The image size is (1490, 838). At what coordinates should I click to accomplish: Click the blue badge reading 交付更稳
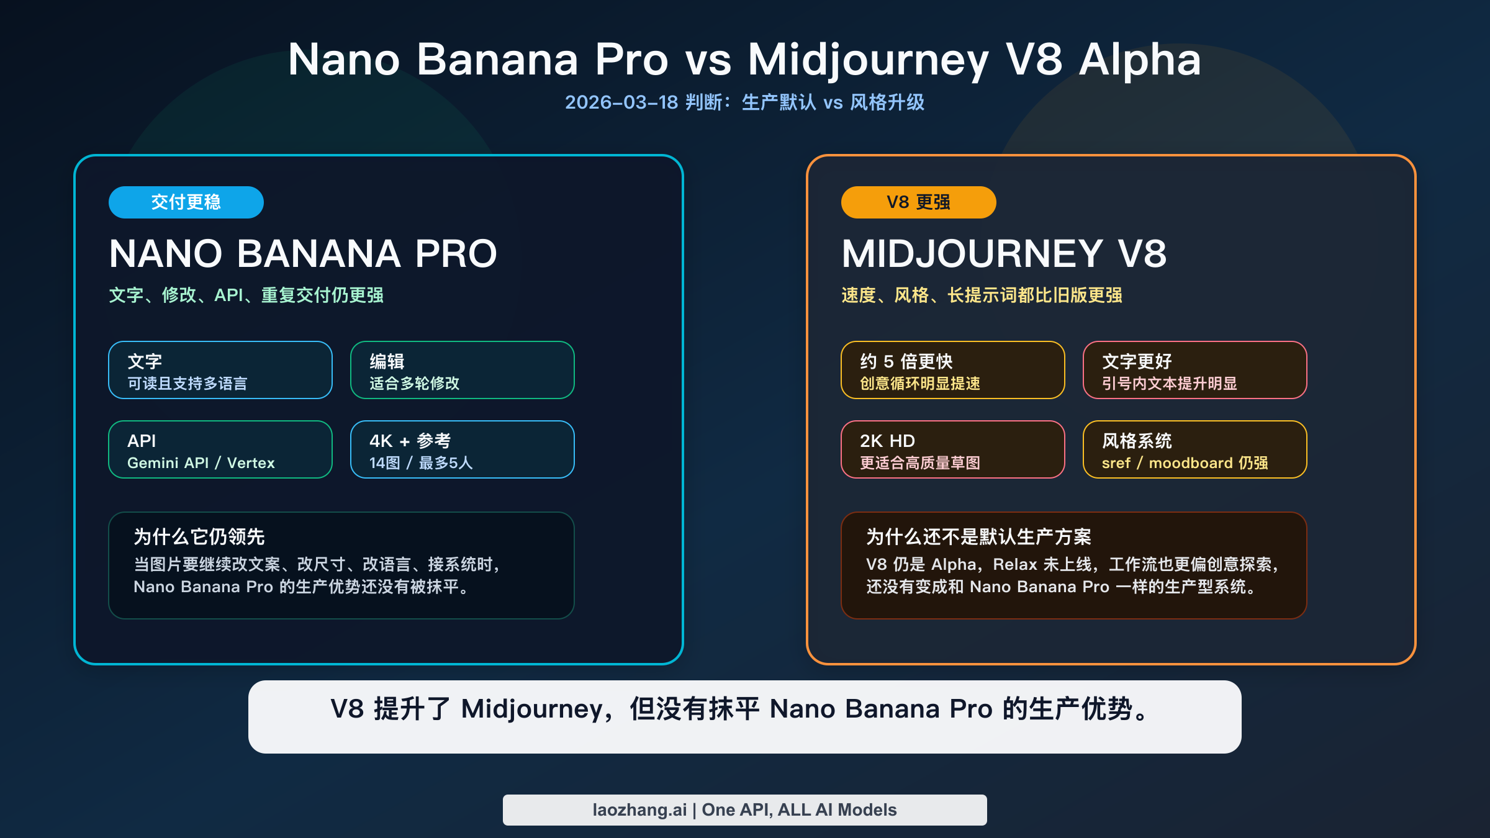pyautogui.click(x=186, y=202)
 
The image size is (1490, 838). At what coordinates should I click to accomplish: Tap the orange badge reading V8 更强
pyautogui.click(x=918, y=202)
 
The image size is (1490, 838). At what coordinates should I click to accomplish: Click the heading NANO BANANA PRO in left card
pyautogui.click(x=303, y=254)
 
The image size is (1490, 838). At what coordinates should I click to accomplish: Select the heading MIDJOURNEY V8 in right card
pyautogui.click(x=1004, y=254)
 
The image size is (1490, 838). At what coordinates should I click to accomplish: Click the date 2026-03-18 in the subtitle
pyautogui.click(x=621, y=102)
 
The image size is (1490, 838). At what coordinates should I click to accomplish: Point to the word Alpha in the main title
pyautogui.click(x=1140, y=60)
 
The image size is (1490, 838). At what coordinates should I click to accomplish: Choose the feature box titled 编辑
pyautogui.click(x=462, y=370)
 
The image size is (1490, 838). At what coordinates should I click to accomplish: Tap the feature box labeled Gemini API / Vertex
pyautogui.click(x=220, y=449)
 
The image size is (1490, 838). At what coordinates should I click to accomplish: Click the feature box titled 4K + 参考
pyautogui.click(x=462, y=449)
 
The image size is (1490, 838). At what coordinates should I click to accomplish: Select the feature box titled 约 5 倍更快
pyautogui.click(x=952, y=370)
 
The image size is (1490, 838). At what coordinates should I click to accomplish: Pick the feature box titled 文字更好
pyautogui.click(x=1194, y=370)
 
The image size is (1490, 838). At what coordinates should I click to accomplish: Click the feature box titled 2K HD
pyautogui.click(x=952, y=449)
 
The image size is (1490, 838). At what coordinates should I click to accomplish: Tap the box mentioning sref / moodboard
pyautogui.click(x=1194, y=449)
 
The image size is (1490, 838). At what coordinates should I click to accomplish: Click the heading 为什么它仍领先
pyautogui.click(x=199, y=537)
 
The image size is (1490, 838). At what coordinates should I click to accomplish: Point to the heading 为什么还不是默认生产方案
pyautogui.click(x=978, y=537)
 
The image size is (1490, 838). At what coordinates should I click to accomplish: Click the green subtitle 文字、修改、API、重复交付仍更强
pyautogui.click(x=246, y=295)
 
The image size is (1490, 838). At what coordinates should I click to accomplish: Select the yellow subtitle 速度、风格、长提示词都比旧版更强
pyautogui.click(x=982, y=295)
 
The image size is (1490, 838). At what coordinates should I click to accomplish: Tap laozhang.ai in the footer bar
pyautogui.click(x=639, y=810)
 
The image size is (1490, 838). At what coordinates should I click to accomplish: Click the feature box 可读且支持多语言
pyautogui.click(x=220, y=370)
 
